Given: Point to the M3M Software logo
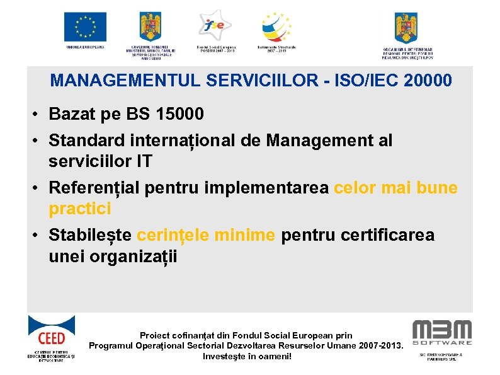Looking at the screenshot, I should coord(441,333).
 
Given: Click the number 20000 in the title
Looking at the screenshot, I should coord(423,81).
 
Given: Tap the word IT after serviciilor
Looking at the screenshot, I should coord(143,161).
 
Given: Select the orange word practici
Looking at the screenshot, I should coord(79,208).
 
